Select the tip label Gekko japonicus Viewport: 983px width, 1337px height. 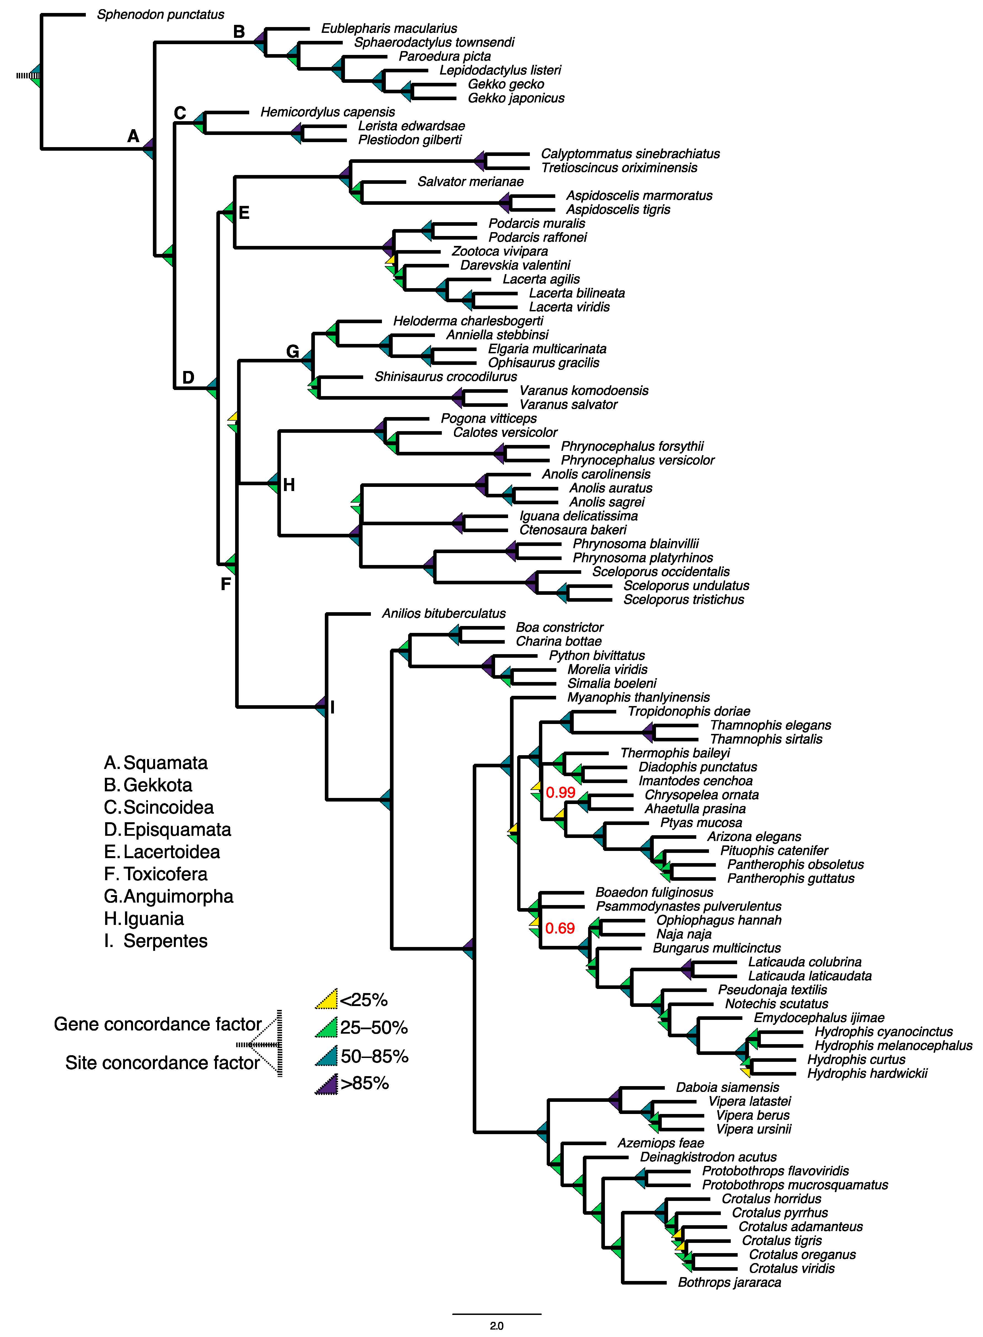(x=516, y=98)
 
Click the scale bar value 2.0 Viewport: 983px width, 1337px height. (x=496, y=1326)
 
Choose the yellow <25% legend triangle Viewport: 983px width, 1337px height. (x=327, y=1000)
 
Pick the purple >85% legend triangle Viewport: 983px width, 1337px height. (x=327, y=1084)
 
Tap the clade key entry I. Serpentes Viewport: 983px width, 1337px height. (x=156, y=941)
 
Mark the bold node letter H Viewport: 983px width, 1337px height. (x=289, y=485)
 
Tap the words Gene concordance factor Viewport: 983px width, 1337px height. (x=158, y=1024)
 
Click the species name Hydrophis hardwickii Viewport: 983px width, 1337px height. (x=867, y=1073)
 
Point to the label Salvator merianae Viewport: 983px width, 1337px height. (x=470, y=182)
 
